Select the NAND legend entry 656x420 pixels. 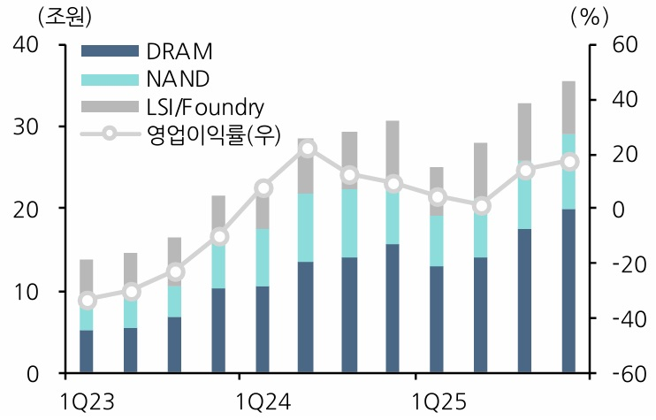pyautogui.click(x=177, y=79)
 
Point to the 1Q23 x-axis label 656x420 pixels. pyautogui.click(x=88, y=401)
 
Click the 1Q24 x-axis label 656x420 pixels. pyautogui.click(x=263, y=401)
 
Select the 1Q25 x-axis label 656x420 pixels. pyautogui.click(x=438, y=401)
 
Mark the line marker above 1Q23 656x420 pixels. pyautogui.click(x=87, y=300)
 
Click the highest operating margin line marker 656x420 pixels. pyautogui.click(x=306, y=148)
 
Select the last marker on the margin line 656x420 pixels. pyautogui.click(x=569, y=162)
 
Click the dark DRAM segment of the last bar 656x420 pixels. pyautogui.click(x=569, y=292)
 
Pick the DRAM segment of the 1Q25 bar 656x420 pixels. pyautogui.click(x=438, y=319)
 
